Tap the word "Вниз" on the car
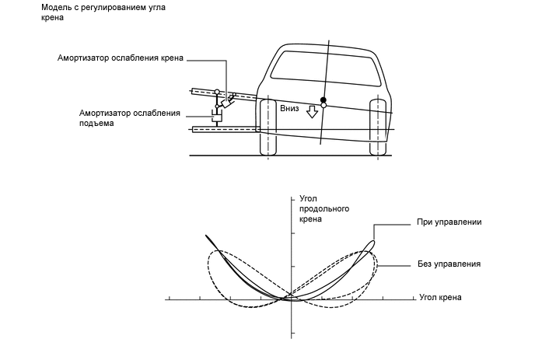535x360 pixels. click(289, 110)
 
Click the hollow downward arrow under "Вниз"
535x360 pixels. click(313, 113)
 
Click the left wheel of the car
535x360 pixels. click(267, 127)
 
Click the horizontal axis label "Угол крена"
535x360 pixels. click(439, 297)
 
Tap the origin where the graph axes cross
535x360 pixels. click(291, 298)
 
